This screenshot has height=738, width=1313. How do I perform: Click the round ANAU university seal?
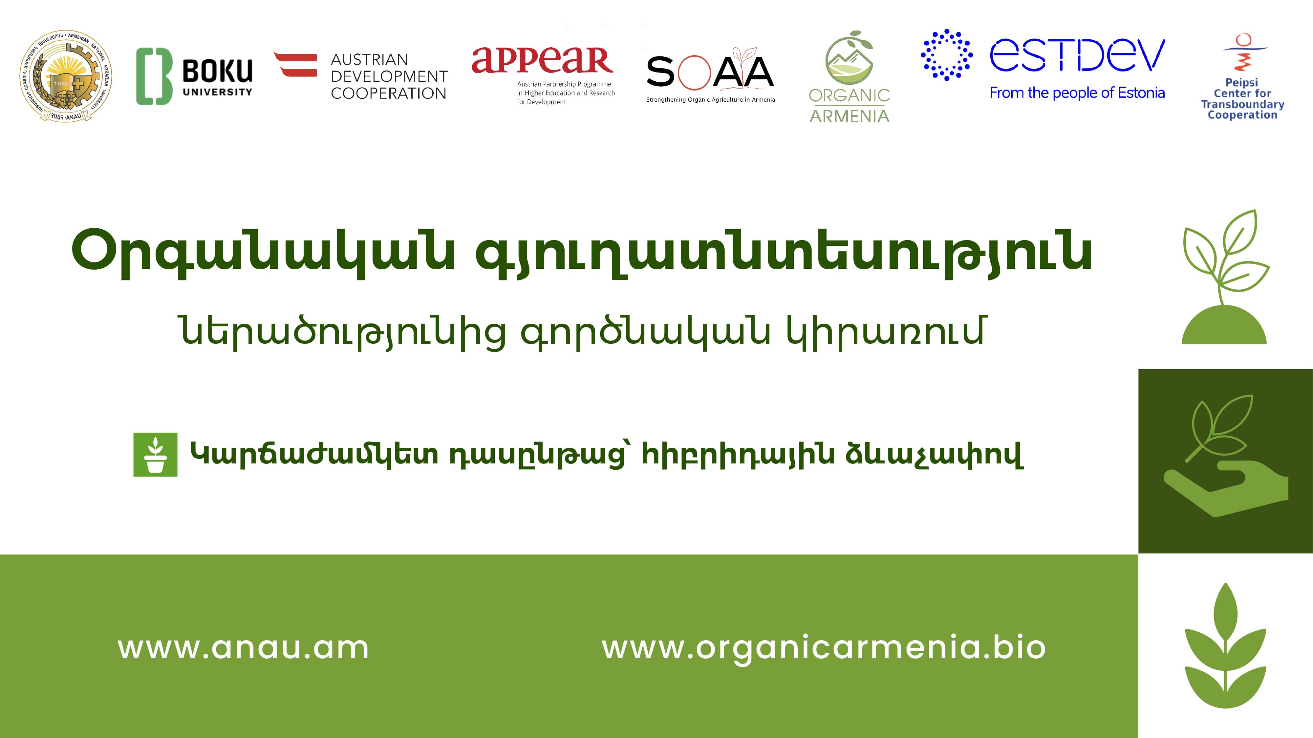[66, 76]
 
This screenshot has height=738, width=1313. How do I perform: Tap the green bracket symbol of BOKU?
[153, 76]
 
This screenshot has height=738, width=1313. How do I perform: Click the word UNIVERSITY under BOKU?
[217, 92]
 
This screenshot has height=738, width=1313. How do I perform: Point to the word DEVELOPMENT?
[389, 76]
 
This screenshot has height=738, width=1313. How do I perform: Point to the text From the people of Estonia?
[1077, 93]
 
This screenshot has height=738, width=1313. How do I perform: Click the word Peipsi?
[1242, 82]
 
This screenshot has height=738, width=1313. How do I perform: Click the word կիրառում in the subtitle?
[885, 332]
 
